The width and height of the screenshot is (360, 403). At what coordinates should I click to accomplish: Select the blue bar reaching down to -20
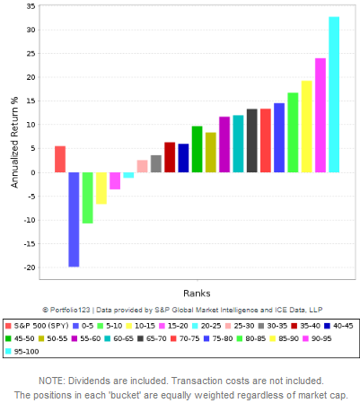coord(74,219)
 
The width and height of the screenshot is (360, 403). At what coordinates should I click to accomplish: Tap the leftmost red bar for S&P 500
coord(60,159)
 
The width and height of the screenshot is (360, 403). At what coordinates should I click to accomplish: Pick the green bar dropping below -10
coord(87,197)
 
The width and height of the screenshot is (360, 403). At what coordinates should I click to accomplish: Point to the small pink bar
coord(142,166)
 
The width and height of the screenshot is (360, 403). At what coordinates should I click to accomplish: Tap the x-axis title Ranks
coord(197,293)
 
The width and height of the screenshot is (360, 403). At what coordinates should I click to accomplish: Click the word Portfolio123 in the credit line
coord(75,309)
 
